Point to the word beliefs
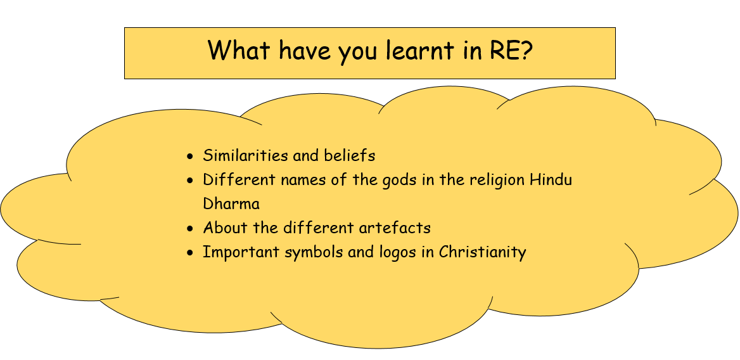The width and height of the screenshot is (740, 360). pyautogui.click(x=350, y=155)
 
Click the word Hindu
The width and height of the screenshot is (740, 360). pyautogui.click(x=551, y=180)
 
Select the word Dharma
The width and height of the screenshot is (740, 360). pyautogui.click(x=231, y=204)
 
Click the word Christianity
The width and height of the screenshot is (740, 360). pyautogui.click(x=482, y=253)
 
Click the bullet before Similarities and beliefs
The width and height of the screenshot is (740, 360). pyautogui.click(x=190, y=157)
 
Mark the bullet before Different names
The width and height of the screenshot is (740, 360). pyautogui.click(x=190, y=181)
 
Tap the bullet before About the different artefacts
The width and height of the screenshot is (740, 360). pyautogui.click(x=190, y=229)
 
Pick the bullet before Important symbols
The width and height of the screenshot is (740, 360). pyautogui.click(x=190, y=253)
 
